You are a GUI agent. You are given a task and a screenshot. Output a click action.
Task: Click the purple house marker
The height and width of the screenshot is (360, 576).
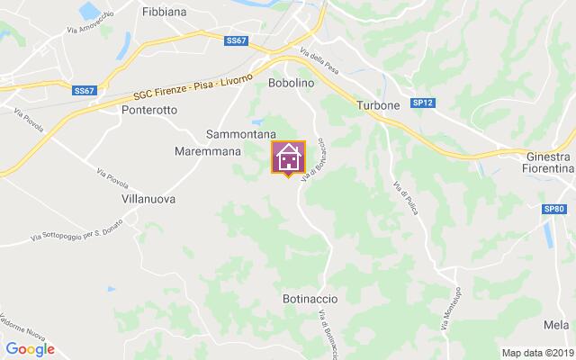point(288,157)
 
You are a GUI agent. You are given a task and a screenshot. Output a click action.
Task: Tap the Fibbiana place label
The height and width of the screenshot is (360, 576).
point(164,13)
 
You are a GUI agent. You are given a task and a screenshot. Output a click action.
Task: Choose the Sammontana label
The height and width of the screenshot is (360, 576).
point(240,133)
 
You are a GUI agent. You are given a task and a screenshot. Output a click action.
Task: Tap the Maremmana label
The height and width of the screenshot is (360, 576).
point(208,151)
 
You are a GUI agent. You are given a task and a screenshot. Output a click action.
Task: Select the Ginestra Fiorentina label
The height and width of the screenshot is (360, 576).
point(549,163)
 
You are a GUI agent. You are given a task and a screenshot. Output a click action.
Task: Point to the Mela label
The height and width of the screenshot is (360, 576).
point(556,325)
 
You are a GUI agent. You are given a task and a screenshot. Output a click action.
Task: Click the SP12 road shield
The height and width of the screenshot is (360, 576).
point(423,103)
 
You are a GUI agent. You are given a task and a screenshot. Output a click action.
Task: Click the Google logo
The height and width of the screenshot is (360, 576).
point(30,349)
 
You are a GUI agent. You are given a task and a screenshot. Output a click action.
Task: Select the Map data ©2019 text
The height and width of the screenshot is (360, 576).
point(537,352)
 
